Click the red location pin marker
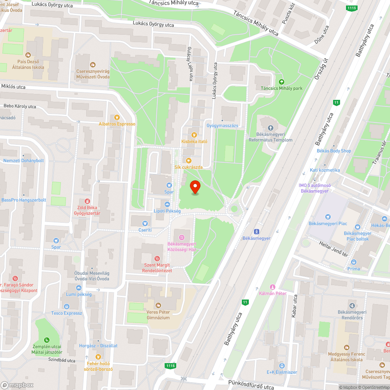tap(195, 187)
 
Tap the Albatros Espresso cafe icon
tap(117, 117)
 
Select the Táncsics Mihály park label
tap(282, 88)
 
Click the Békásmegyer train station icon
tap(256, 231)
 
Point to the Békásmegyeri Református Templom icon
tap(271, 128)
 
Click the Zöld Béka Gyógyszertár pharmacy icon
tap(87, 201)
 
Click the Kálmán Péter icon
tap(273, 287)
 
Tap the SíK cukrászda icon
tap(189, 160)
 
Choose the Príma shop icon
tap(354, 262)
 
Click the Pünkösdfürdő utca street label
tap(252, 386)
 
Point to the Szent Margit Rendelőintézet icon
tap(157, 258)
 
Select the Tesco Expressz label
tap(67, 313)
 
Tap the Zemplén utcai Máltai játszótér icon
tap(47, 340)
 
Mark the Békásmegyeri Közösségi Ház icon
tap(181, 237)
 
